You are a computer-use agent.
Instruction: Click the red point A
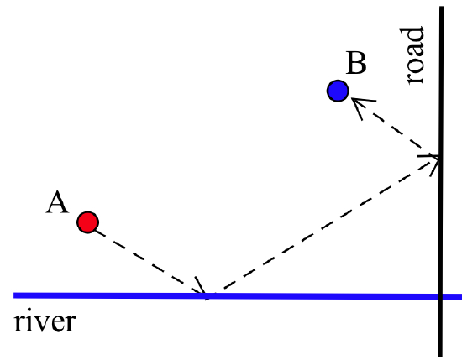pyautogui.click(x=87, y=222)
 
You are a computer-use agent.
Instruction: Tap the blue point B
pyautogui.click(x=338, y=91)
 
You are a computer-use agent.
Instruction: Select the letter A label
pyautogui.click(x=57, y=201)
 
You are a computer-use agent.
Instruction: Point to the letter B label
pyautogui.click(x=356, y=64)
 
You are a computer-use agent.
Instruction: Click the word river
pyautogui.click(x=45, y=323)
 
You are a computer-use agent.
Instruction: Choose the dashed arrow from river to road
pyautogui.click(x=323, y=225)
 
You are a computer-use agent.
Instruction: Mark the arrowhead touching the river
pyautogui.click(x=202, y=290)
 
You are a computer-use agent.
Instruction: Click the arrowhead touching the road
pyautogui.click(x=433, y=159)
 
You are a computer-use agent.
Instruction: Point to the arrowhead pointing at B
pyautogui.click(x=359, y=103)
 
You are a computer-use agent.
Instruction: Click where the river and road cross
pyautogui.click(x=440, y=296)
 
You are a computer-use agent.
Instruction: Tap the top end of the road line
pyautogui.click(x=440, y=8)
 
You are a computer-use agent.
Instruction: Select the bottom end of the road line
pyautogui.click(x=440, y=355)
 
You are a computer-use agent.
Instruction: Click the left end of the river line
pyautogui.click(x=15, y=295)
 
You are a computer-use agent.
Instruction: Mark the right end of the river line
pyautogui.click(x=460, y=296)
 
